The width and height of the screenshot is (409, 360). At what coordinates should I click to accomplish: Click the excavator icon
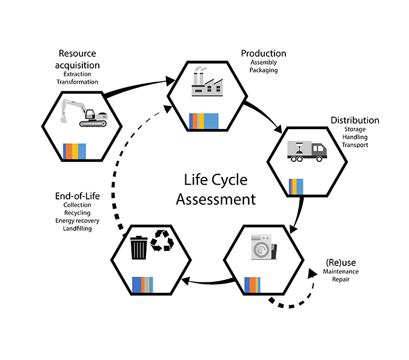click(x=84, y=113)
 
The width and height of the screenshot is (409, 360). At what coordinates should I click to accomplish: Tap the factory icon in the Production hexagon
click(x=207, y=84)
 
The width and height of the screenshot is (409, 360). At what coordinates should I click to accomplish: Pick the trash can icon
click(x=139, y=247)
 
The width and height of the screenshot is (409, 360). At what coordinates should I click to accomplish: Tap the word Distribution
click(x=354, y=120)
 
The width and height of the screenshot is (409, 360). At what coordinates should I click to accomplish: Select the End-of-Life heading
click(x=77, y=196)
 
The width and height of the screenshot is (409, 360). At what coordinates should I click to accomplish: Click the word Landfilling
click(x=77, y=228)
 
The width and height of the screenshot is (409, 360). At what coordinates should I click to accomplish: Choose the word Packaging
click(x=263, y=70)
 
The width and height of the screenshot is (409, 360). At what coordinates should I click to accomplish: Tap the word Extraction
click(x=77, y=74)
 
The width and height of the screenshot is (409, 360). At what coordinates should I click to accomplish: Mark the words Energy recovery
click(x=77, y=220)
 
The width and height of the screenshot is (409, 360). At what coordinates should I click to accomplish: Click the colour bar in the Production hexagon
click(x=204, y=120)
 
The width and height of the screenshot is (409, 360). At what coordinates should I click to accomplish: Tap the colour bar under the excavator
click(x=75, y=150)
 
